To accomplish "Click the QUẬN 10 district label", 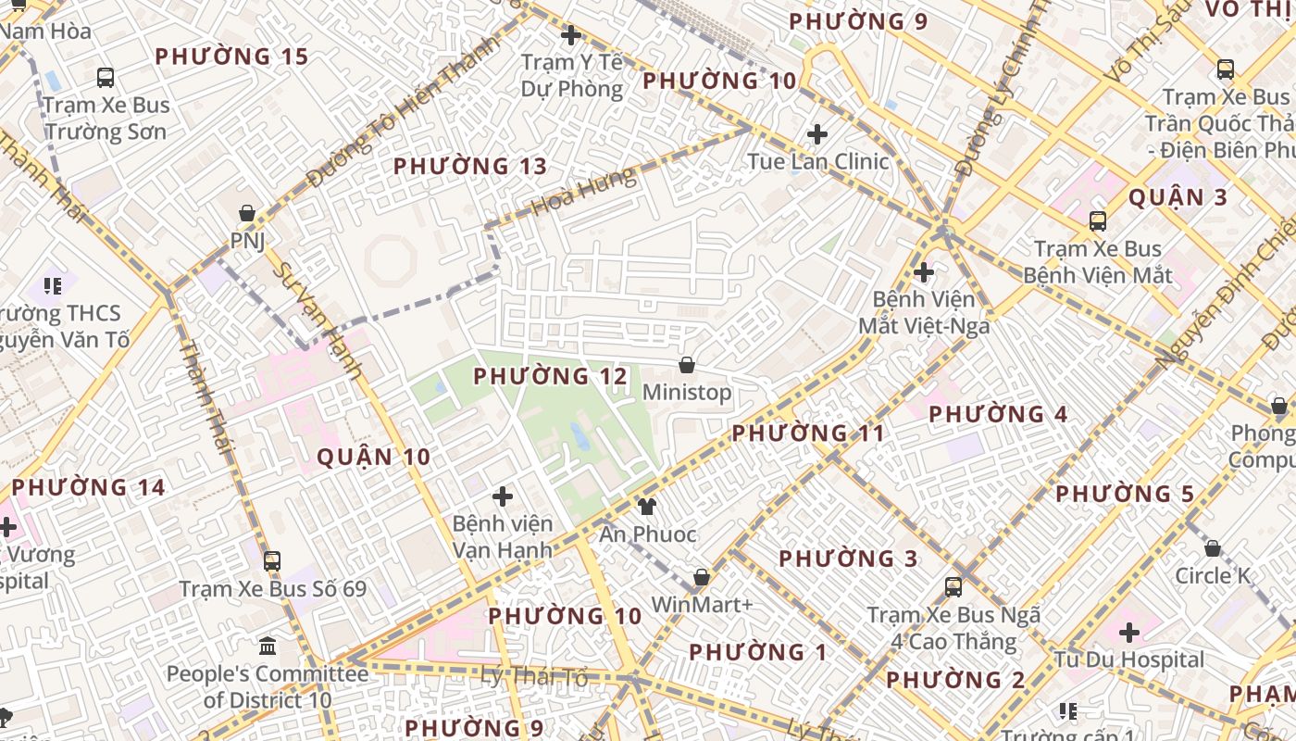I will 374,457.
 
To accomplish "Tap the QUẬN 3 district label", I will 1178,197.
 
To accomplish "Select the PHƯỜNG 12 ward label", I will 550,376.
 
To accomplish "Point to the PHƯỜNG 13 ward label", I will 470,167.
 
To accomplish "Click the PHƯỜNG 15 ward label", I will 231,57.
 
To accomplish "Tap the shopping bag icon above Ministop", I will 687,366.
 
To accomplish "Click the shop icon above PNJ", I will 247,214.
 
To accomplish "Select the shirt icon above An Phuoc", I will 647,507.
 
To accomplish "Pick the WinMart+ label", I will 702,604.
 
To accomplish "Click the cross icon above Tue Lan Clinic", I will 817,134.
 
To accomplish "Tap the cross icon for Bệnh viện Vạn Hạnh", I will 503,496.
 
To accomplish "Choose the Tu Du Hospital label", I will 1129,659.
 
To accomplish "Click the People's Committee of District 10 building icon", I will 268,646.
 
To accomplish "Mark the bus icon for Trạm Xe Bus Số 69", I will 272,561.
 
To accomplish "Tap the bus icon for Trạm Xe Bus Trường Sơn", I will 106,78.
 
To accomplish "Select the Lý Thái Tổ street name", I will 534,677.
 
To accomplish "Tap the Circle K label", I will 1213,575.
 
